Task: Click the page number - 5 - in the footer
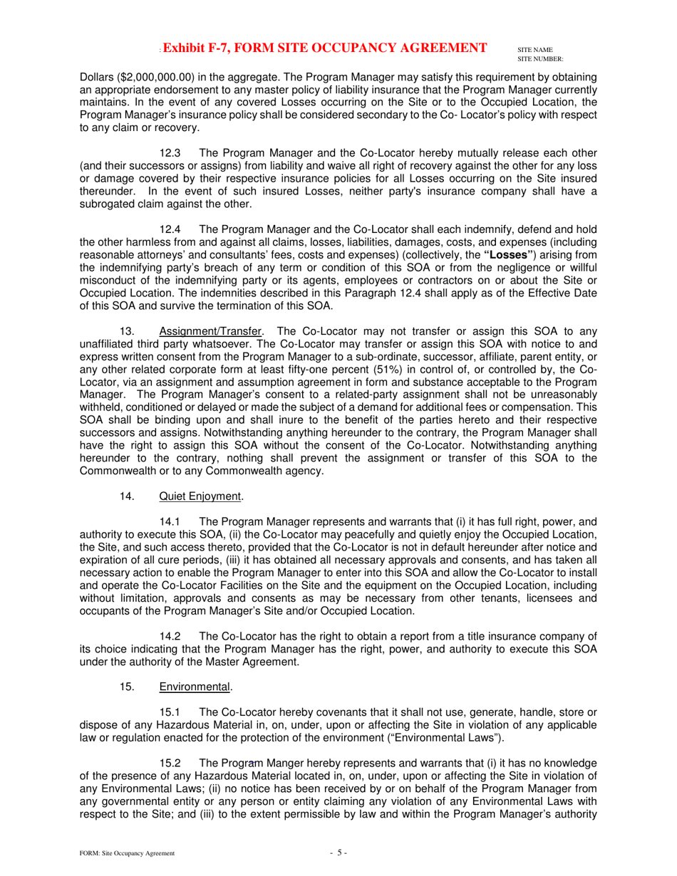point(338,852)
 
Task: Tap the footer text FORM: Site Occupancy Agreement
point(127,853)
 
